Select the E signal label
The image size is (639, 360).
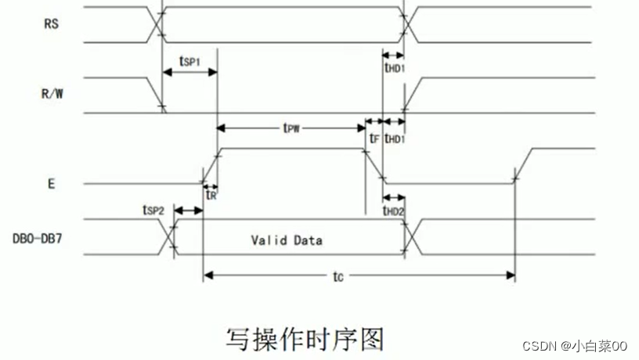51,184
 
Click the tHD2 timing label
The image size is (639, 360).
394,211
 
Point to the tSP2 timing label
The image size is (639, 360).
154,210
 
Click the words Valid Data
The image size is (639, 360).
287,239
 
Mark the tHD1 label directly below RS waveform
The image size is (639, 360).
394,68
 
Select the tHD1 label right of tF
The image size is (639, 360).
395,139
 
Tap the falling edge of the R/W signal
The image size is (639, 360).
156,94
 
